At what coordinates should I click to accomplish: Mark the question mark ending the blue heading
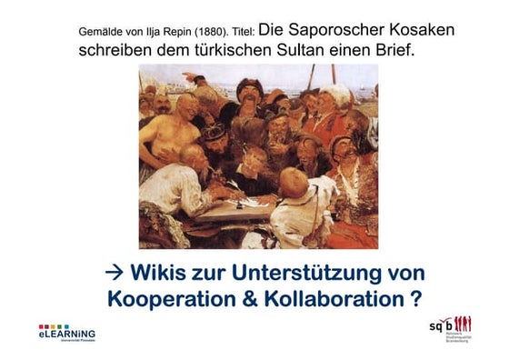click(x=414, y=297)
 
